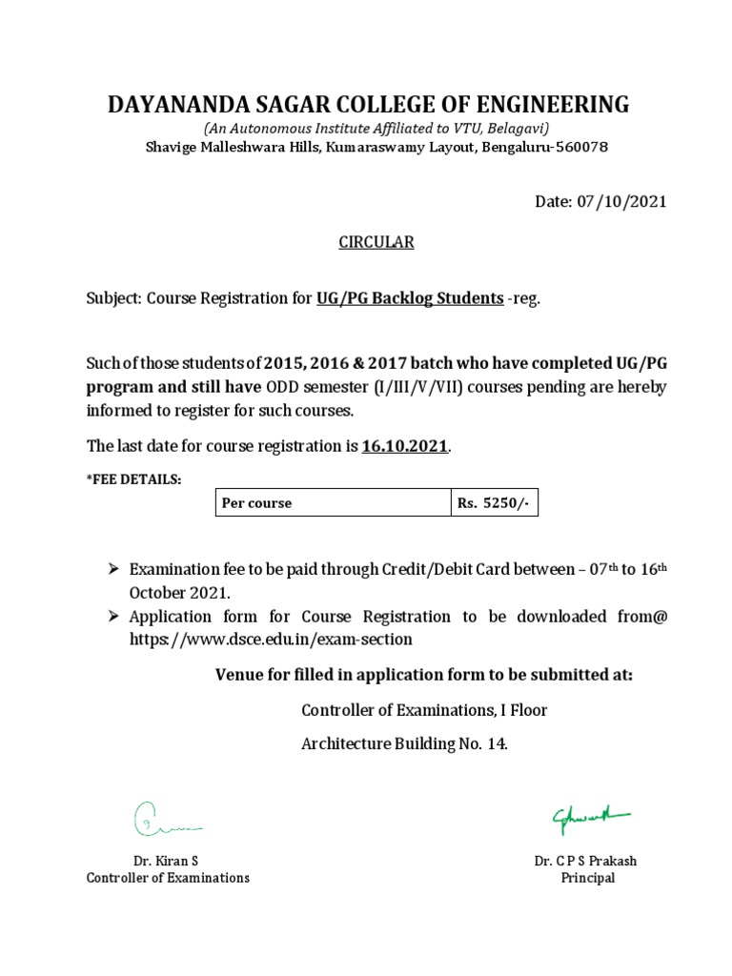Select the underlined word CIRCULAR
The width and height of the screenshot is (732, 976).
coord(376,242)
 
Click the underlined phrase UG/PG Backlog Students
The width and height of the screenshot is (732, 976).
coord(410,298)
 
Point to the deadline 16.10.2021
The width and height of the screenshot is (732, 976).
coord(404,446)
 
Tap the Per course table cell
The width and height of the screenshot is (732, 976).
coord(332,502)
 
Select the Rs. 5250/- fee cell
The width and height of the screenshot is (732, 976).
coord(494,502)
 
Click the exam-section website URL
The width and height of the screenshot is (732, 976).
coord(271,640)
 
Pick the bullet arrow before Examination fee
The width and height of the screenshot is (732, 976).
coord(112,569)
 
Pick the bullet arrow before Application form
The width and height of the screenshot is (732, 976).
coord(112,617)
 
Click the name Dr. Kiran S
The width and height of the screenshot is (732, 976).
coord(167,861)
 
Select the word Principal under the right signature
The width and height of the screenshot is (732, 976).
coord(587,878)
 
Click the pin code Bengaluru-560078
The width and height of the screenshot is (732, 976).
coord(544,147)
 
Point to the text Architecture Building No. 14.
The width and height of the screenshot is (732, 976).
coord(404,744)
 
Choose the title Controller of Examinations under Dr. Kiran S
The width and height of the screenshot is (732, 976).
coord(168,878)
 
